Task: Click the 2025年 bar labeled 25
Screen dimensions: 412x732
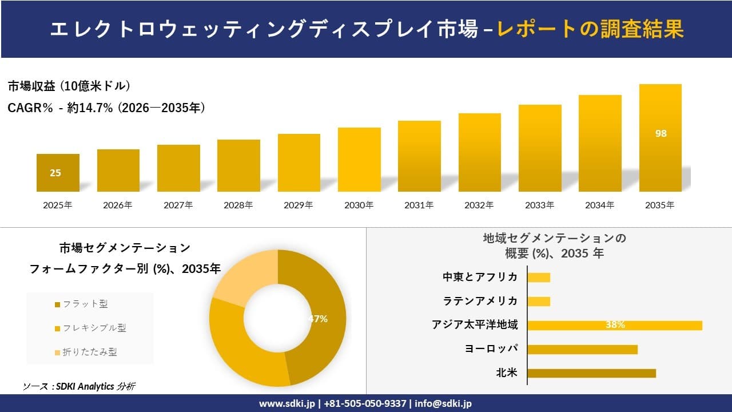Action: point(58,172)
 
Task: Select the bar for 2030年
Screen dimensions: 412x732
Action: point(359,160)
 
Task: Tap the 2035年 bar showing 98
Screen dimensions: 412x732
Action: point(660,138)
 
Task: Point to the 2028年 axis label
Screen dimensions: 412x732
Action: point(238,205)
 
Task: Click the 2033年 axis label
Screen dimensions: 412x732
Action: point(539,205)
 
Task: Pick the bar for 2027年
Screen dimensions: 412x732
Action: point(178,168)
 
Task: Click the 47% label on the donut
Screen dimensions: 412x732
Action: point(318,319)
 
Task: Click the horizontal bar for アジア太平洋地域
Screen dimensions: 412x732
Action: point(614,325)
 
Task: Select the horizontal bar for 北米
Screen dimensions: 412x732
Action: point(591,373)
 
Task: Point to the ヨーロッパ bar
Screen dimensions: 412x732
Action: point(582,349)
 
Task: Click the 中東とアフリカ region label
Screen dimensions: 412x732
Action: point(480,277)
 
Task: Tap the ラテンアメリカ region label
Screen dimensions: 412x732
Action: point(480,301)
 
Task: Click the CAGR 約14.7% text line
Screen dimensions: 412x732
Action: point(106,108)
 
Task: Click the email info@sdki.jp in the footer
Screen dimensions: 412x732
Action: point(443,403)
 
